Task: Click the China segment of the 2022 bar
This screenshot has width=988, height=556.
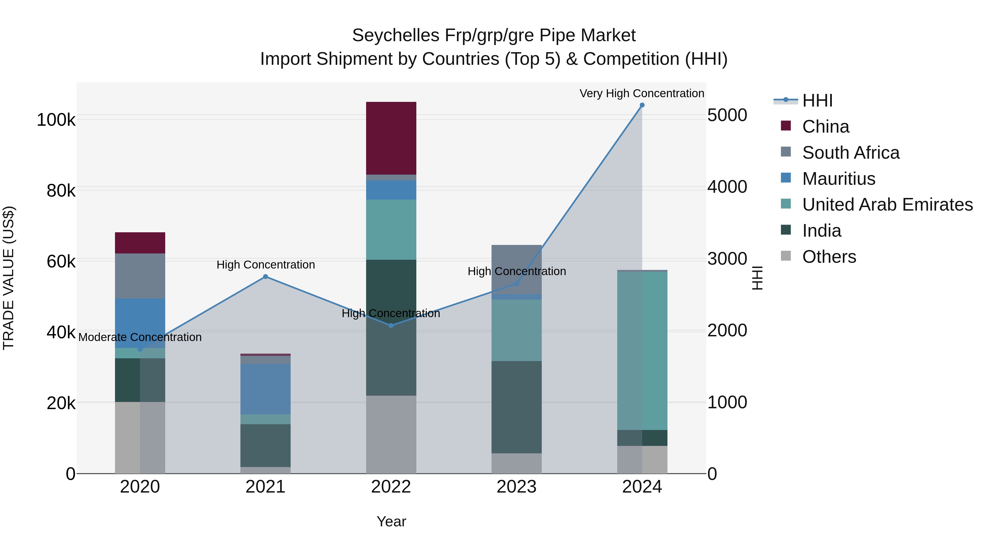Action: tap(391, 138)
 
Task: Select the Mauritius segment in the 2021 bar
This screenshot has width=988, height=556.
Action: tap(265, 389)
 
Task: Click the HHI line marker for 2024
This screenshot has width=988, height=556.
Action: tap(642, 105)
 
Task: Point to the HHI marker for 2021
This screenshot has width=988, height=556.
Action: tap(265, 277)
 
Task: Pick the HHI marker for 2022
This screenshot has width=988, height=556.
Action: tap(391, 325)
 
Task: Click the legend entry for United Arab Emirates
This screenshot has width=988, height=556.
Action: tap(887, 205)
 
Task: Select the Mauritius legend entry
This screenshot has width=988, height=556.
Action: tap(838, 179)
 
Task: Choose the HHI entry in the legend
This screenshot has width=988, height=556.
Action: tap(817, 100)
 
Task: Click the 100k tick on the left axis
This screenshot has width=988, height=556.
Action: tap(56, 120)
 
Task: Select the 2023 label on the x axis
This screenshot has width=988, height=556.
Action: tap(516, 487)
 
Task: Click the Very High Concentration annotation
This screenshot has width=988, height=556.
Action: tap(642, 93)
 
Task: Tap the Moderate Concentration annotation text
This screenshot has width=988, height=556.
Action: tap(140, 337)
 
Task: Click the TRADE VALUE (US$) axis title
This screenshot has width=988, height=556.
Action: tap(9, 278)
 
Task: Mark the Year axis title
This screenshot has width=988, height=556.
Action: tap(391, 521)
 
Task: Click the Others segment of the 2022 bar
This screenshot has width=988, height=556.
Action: tap(391, 434)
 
